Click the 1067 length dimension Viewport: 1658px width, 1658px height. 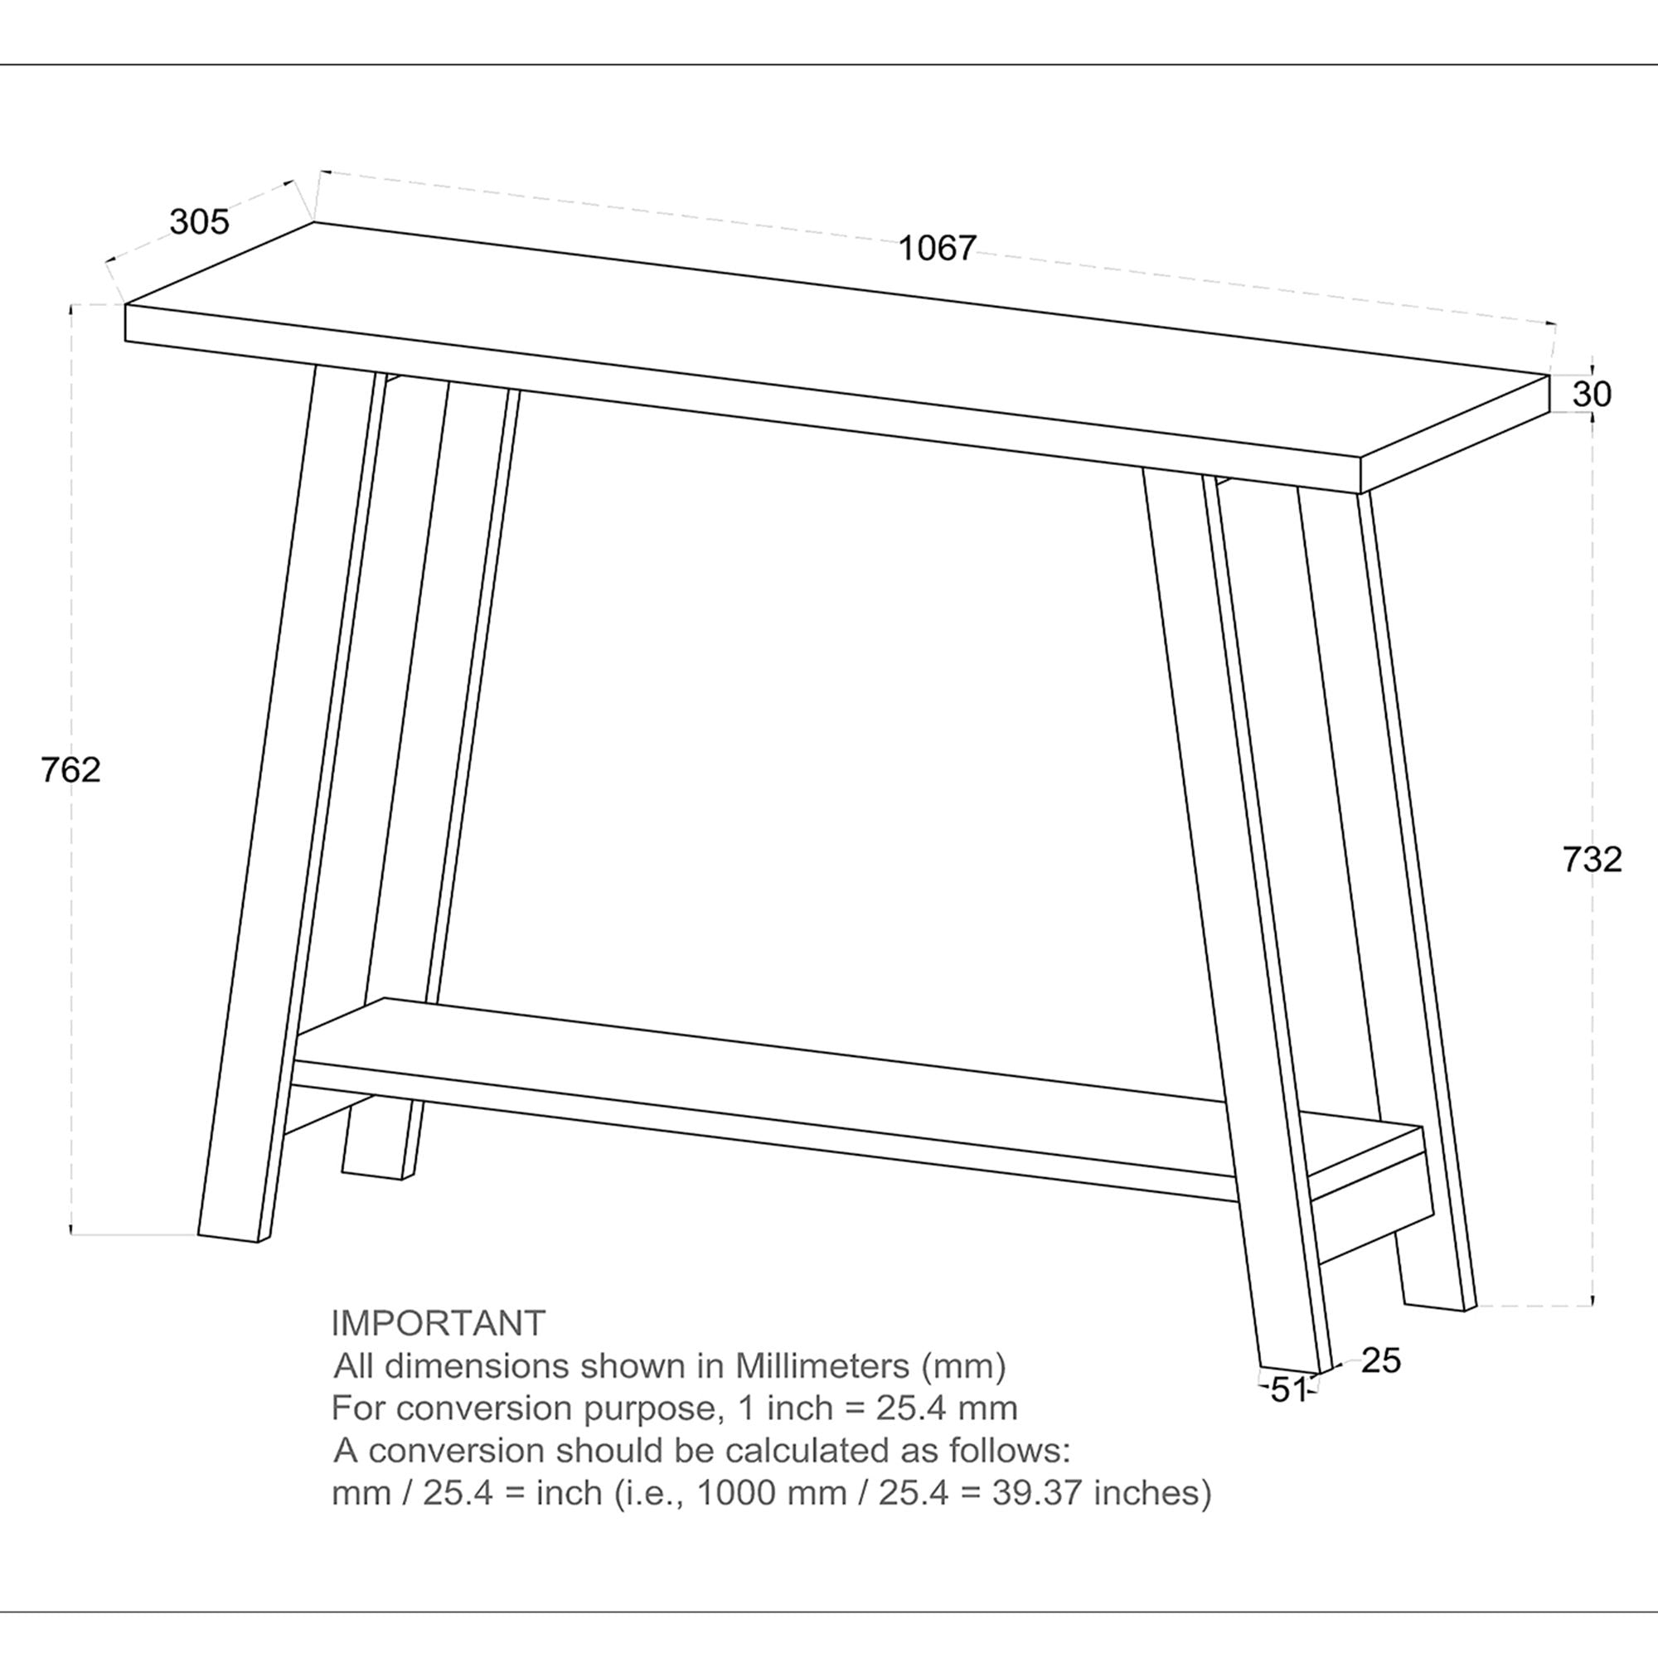937,248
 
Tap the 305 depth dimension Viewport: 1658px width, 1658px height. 199,222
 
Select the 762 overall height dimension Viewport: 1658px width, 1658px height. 70,770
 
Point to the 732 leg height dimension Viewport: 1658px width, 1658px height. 1592,859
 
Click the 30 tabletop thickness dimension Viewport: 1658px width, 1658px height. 1592,395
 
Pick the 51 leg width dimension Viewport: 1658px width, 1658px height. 1287,1390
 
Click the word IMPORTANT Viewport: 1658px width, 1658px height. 438,1323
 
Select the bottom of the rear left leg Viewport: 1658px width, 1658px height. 372,1173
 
